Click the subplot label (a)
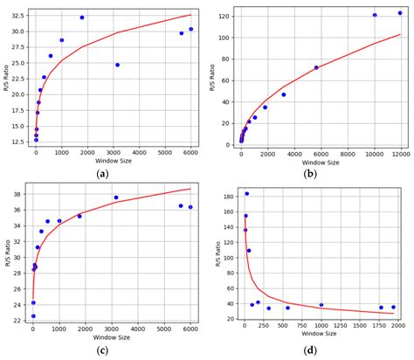point(104,174)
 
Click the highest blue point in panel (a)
point(82,17)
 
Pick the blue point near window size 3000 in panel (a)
point(117,65)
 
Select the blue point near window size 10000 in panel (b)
point(375,15)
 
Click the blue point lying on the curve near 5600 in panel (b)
point(316,67)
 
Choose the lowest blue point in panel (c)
point(33,316)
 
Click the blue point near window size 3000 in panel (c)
point(116,197)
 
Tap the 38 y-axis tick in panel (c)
point(19,194)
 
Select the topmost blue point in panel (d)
point(247,194)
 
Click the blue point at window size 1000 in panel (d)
point(321,305)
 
